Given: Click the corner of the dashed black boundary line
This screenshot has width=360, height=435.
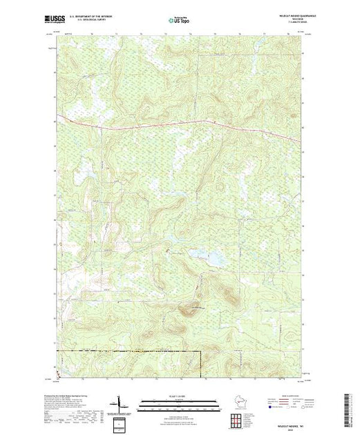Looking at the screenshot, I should (200, 351).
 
